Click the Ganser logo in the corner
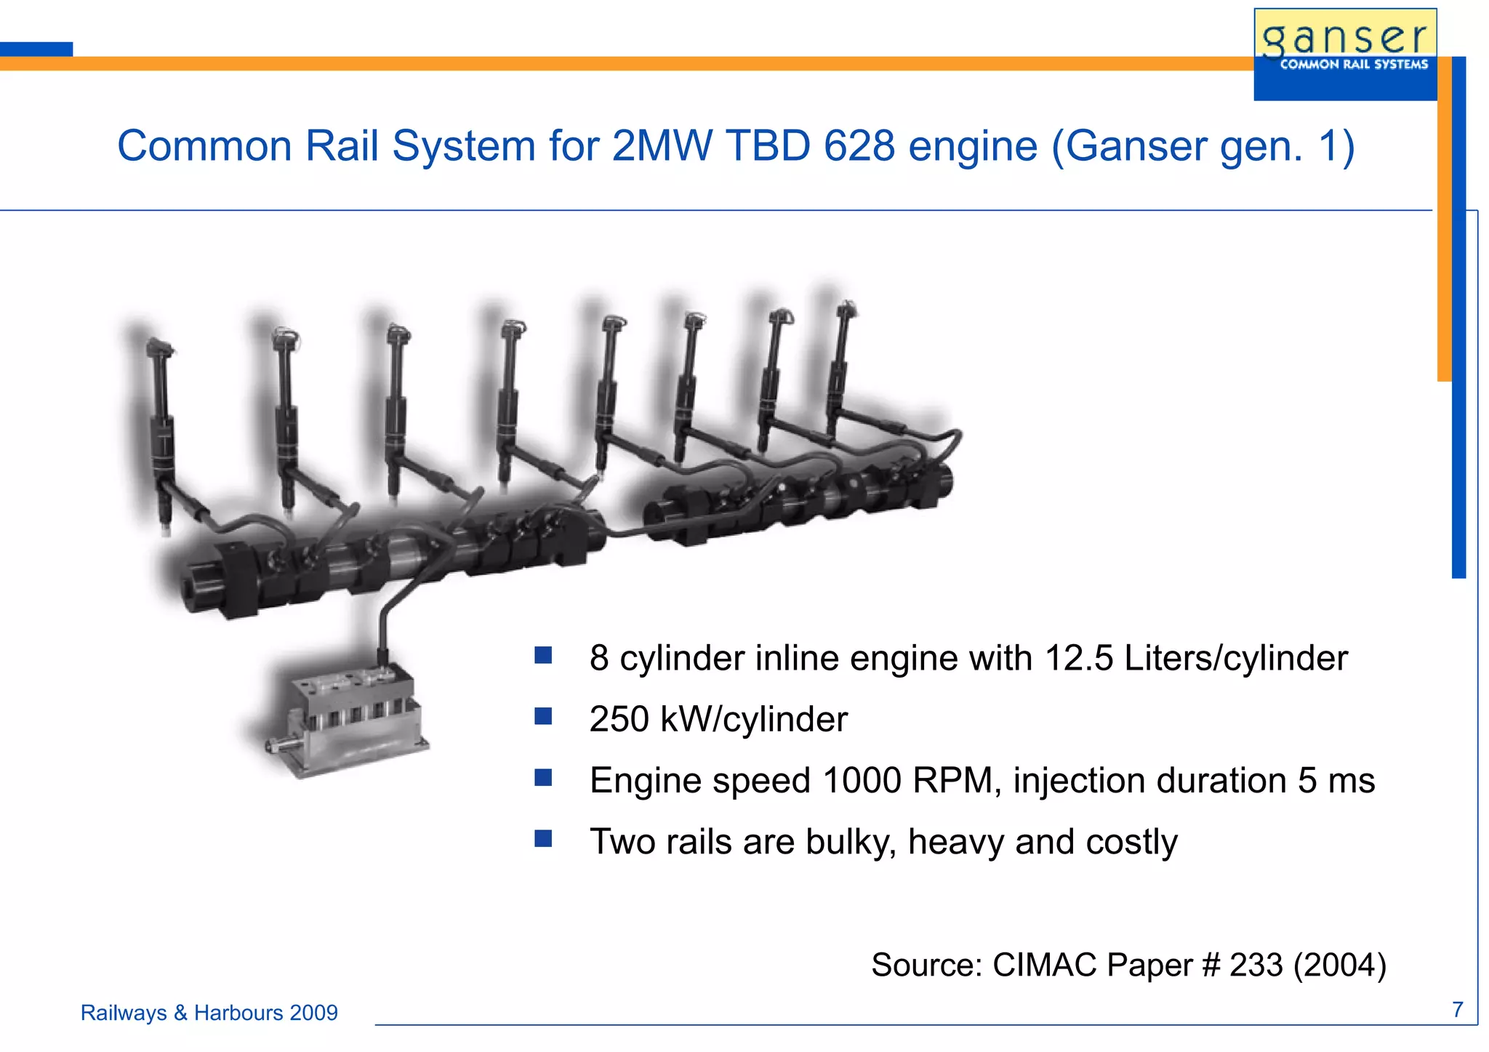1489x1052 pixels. coord(1345,53)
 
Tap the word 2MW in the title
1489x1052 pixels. coord(662,146)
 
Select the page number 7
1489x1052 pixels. coord(1457,1010)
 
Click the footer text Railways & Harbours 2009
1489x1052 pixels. coord(209,1013)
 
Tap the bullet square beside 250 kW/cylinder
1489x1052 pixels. coord(543,717)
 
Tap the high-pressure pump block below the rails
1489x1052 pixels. coord(345,720)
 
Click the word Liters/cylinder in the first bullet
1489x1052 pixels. coord(1235,658)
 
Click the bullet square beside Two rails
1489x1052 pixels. coord(543,839)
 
